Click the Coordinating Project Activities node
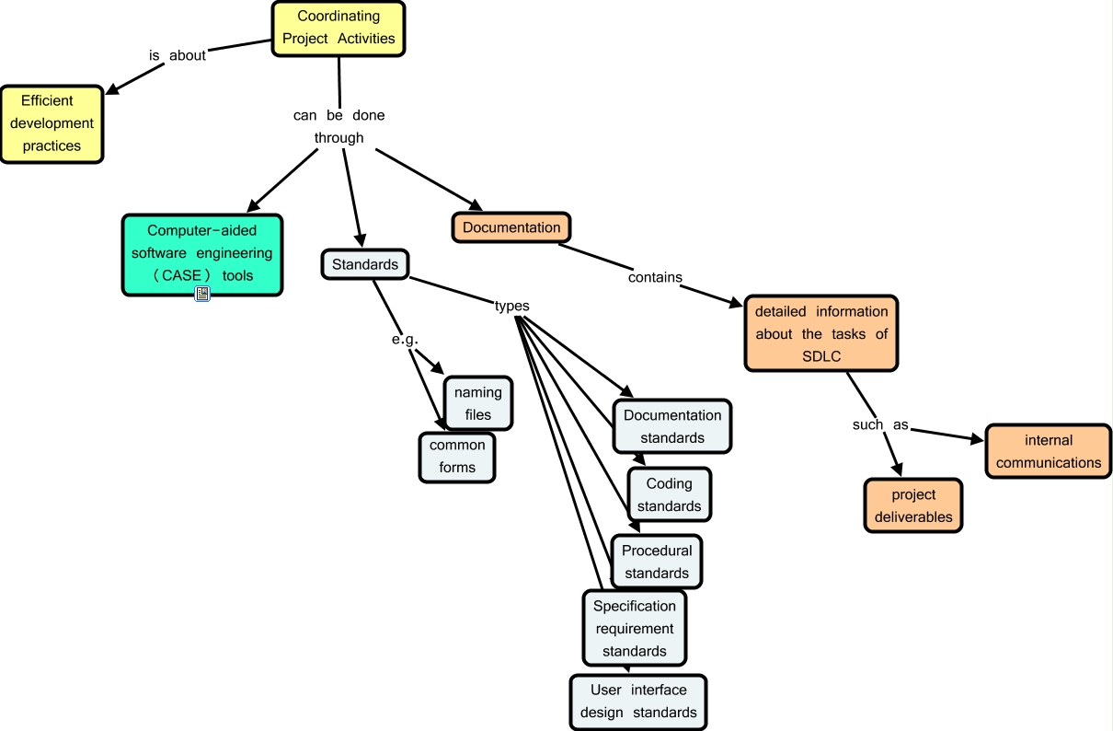click(x=338, y=28)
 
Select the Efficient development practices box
click(x=52, y=123)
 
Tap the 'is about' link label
click(x=178, y=55)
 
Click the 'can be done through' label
click(x=338, y=127)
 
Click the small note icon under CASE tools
click(x=202, y=294)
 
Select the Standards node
click(x=365, y=264)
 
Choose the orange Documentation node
click(x=511, y=227)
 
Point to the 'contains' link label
click(x=655, y=276)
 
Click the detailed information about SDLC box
click(x=820, y=333)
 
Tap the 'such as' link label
click(x=880, y=425)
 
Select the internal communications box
click(x=1049, y=451)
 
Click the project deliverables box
click(x=913, y=505)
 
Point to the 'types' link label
click(x=511, y=306)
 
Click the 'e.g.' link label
click(x=405, y=339)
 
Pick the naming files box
click(x=478, y=403)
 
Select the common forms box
click(x=457, y=457)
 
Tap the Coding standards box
click(x=669, y=494)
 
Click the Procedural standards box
click(x=656, y=562)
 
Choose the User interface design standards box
click(x=638, y=701)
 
